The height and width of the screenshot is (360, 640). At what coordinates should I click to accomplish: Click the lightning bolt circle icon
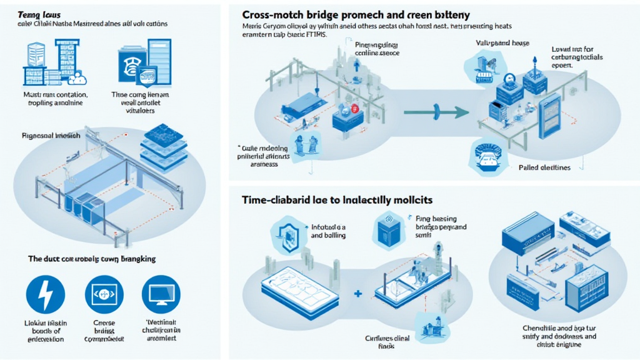[46, 294]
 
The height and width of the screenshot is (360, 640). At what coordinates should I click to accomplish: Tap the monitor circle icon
[161, 294]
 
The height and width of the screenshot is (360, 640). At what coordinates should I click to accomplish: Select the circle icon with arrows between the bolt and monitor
[104, 294]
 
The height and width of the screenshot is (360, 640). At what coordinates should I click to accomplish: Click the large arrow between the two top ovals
[436, 112]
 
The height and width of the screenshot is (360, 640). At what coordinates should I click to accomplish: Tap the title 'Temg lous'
[36, 12]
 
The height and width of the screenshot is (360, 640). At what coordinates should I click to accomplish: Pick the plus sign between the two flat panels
[358, 293]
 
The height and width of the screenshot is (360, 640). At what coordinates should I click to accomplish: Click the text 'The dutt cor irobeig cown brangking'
[92, 258]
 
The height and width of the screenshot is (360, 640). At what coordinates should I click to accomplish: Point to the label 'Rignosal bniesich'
[49, 134]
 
